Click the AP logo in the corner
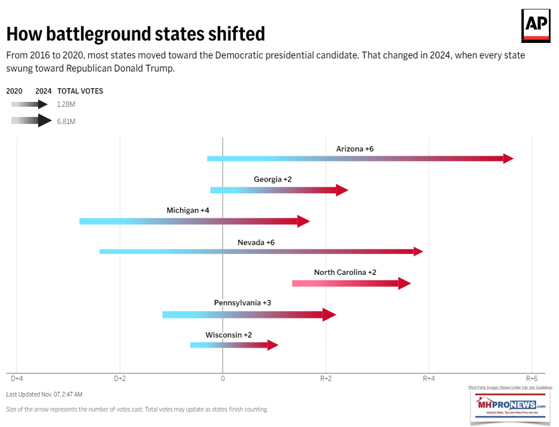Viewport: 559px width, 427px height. point(536,26)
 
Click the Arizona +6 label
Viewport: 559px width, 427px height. point(354,148)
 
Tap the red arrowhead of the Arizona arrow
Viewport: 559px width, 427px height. point(508,159)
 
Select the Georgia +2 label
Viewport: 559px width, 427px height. point(273,179)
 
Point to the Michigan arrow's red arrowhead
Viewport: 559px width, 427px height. point(304,221)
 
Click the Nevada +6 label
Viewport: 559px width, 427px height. point(256,242)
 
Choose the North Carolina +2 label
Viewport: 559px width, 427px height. point(345,272)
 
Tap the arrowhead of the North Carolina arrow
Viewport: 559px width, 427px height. point(404,283)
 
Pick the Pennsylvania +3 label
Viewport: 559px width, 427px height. point(242,302)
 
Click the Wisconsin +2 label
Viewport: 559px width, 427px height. point(228,335)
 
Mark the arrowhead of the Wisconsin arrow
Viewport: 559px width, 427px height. point(273,345)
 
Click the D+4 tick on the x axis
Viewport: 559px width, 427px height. point(17,378)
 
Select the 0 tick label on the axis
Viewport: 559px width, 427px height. point(223,378)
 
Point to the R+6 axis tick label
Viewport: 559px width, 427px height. point(532,378)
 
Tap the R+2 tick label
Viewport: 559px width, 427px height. point(326,378)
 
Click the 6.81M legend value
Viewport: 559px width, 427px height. point(66,121)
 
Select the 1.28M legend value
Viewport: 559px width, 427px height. point(66,104)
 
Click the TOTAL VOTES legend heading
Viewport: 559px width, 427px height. point(80,91)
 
